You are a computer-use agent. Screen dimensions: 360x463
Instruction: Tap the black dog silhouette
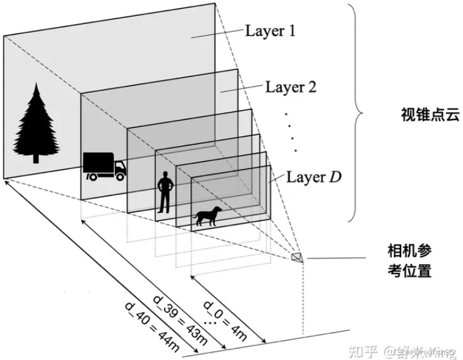click(209, 215)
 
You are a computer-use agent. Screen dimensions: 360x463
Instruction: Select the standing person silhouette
click(165, 192)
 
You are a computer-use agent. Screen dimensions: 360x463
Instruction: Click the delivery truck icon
click(103, 166)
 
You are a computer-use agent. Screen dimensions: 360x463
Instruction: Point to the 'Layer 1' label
click(270, 30)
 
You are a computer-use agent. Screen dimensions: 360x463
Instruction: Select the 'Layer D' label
click(314, 177)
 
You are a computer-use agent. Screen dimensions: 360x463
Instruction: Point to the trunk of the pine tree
click(36, 158)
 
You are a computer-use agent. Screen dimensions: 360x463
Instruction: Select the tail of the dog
click(220, 210)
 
